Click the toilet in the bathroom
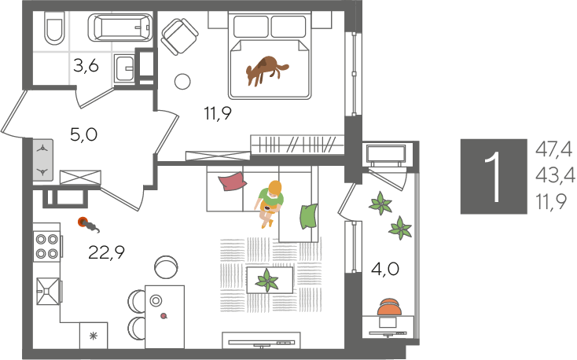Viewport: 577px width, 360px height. [x=54, y=28]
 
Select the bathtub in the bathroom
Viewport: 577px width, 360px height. [x=120, y=28]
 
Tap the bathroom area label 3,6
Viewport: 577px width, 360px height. [x=86, y=67]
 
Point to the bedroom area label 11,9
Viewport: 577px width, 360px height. [x=219, y=113]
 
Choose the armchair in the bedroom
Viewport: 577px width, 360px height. [x=180, y=36]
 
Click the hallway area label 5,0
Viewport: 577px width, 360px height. [x=84, y=134]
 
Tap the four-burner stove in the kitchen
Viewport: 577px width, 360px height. [x=47, y=246]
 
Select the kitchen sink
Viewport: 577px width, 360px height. [x=48, y=291]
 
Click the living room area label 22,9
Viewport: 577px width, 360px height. [x=107, y=252]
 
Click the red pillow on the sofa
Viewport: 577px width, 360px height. [x=233, y=182]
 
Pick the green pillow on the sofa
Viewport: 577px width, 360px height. [x=308, y=216]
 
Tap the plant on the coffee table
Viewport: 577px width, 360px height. [x=267, y=281]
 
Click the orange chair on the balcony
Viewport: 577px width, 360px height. [x=389, y=307]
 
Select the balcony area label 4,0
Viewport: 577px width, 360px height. [x=385, y=270]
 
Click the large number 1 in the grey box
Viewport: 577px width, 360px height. [x=493, y=177]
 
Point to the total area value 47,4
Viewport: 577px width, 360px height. [x=554, y=150]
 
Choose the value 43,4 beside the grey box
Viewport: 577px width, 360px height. [x=555, y=176]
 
